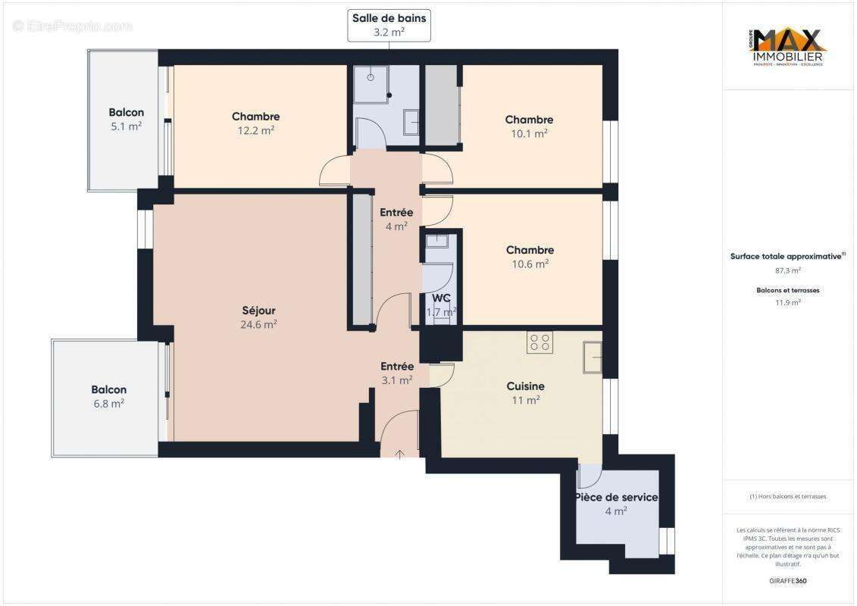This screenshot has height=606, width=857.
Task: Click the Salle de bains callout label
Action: tap(389, 25)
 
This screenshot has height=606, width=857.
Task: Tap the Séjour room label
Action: tap(258, 311)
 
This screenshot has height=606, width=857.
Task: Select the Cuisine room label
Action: tap(525, 386)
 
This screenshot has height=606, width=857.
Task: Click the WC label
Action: tap(441, 298)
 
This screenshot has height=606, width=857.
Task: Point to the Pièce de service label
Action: tap(615, 498)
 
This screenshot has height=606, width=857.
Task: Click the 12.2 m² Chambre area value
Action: tap(255, 130)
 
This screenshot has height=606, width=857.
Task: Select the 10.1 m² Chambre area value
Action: tap(529, 133)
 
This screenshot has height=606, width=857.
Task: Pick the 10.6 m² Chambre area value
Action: tap(530, 264)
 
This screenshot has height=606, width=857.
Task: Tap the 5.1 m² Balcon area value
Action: tap(126, 127)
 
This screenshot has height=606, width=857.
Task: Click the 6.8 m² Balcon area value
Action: tap(108, 404)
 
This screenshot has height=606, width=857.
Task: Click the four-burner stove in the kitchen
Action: tap(540, 342)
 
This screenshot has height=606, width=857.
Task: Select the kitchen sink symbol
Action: tap(592, 357)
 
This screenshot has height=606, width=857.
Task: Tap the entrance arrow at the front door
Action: tap(399, 453)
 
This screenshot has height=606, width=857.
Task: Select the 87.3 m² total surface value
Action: tap(787, 270)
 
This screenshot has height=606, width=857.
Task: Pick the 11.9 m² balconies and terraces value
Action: tap(787, 301)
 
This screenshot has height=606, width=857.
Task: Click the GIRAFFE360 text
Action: tap(787, 581)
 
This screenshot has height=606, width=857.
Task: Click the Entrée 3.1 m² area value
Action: tap(396, 380)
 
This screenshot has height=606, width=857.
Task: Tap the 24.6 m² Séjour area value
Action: tap(258, 324)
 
